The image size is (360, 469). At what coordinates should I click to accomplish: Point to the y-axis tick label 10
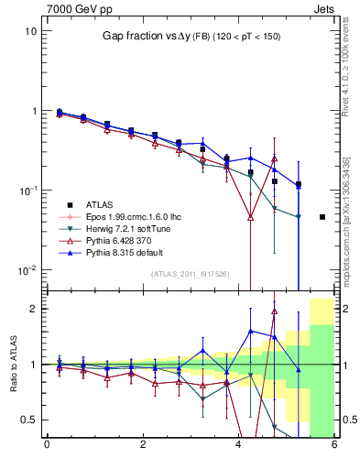pos(30,31)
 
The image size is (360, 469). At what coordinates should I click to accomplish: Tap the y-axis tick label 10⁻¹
pos(27,191)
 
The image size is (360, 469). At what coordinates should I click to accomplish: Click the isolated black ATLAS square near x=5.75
pos(322,217)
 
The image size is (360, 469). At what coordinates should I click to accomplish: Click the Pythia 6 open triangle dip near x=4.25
pos(250,217)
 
